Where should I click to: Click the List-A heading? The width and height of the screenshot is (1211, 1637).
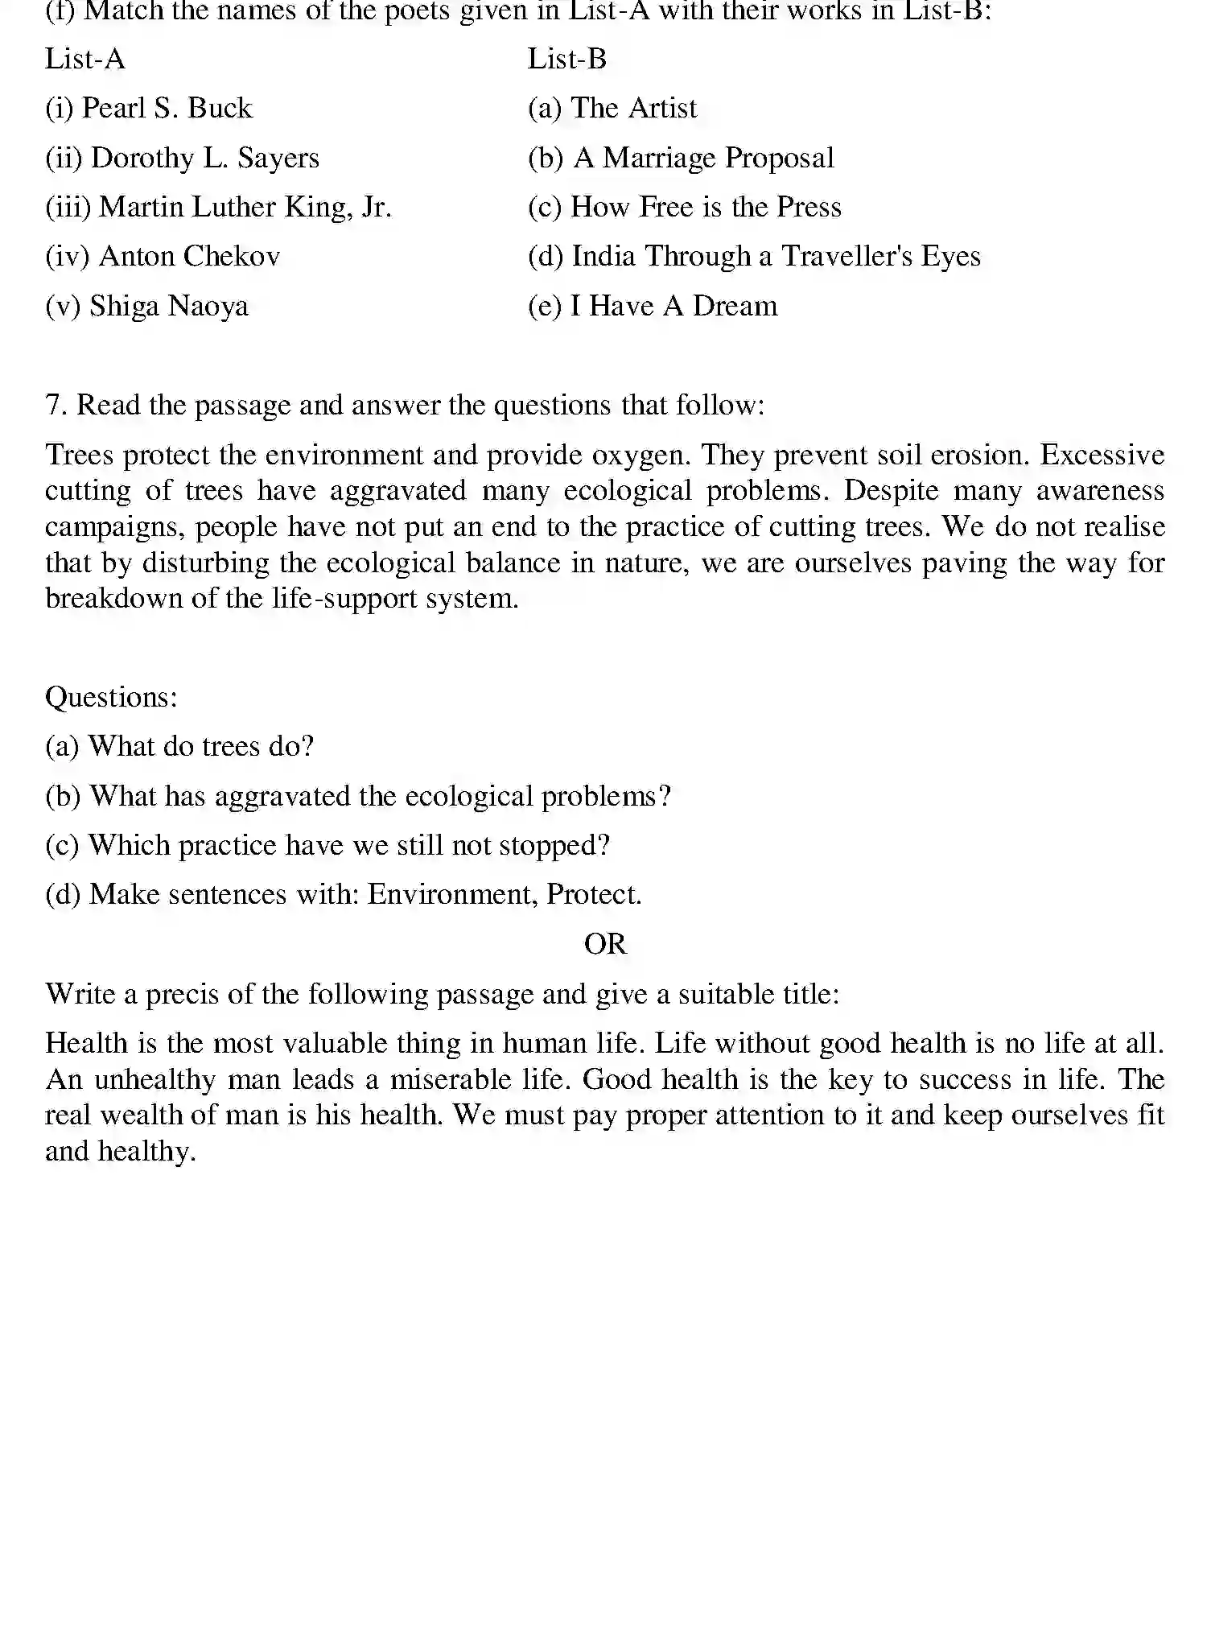[x=84, y=60]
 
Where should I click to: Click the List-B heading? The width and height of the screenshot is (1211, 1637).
[x=566, y=60]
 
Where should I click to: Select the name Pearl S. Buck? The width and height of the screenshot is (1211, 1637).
[x=167, y=109]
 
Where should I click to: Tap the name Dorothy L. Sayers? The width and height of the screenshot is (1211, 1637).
[x=204, y=159]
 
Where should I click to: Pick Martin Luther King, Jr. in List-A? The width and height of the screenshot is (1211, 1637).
[x=245, y=208]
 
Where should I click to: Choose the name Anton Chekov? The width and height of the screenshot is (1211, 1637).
[x=189, y=257]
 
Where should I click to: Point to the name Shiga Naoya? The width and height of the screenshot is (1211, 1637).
[x=169, y=307]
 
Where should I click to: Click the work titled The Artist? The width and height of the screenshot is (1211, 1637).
[x=633, y=109]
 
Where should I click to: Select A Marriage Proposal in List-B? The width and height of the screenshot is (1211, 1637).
[x=703, y=159]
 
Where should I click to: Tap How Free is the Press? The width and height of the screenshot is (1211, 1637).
[x=706, y=208]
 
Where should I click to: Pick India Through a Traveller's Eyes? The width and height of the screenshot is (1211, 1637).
[x=776, y=257]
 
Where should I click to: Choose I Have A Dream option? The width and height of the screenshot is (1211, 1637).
[x=673, y=307]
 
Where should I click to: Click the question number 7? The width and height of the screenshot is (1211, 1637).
[x=56, y=405]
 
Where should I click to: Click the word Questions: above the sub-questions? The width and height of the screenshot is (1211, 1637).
[x=111, y=697]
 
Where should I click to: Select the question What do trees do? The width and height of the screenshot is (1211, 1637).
[x=200, y=747]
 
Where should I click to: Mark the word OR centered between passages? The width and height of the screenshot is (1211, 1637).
[x=605, y=944]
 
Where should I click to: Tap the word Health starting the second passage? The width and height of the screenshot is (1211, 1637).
[x=87, y=1044]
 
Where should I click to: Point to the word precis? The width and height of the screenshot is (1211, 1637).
[x=182, y=995]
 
